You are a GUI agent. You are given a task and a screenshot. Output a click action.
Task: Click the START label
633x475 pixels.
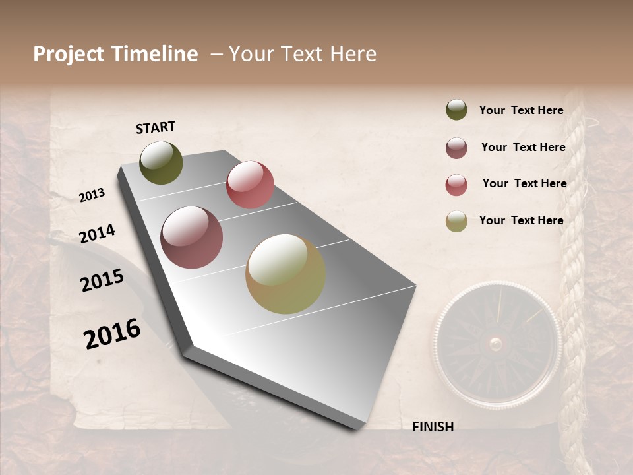[156, 127]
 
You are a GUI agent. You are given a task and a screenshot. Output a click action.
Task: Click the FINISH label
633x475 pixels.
[433, 427]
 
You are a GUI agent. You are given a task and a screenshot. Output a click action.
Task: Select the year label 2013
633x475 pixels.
[92, 195]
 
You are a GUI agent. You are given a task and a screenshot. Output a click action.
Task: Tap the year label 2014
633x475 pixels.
[97, 234]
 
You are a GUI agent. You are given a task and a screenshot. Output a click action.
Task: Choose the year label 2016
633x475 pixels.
[112, 334]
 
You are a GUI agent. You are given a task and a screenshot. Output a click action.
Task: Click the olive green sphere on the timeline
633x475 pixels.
[161, 162]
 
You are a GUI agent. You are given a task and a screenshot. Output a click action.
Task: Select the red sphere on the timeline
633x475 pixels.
[250, 185]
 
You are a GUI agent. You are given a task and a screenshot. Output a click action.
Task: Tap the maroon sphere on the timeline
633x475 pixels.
[192, 237]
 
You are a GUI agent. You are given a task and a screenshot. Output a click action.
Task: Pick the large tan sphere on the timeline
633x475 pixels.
[286, 274]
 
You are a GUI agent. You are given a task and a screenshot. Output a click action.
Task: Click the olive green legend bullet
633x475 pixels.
[456, 110]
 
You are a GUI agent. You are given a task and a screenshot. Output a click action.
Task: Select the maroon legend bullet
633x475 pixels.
[456, 148]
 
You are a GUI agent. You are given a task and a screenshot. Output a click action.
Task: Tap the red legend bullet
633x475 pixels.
[456, 185]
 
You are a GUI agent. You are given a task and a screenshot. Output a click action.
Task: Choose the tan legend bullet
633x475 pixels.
[456, 222]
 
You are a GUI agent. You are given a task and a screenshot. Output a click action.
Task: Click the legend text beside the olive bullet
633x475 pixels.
[521, 110]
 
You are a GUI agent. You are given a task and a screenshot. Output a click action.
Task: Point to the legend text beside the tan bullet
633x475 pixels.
[521, 220]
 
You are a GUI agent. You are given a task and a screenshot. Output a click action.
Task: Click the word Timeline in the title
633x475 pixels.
[154, 54]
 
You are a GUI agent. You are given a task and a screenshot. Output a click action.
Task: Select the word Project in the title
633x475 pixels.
[69, 54]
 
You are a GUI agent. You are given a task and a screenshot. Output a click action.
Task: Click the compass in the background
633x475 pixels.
[497, 342]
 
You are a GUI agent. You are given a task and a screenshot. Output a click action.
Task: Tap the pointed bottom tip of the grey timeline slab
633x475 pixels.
[356, 427]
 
